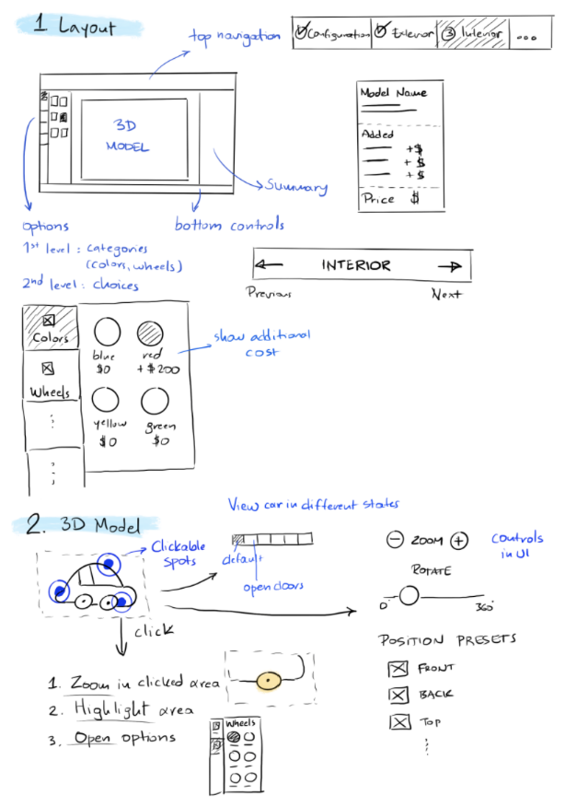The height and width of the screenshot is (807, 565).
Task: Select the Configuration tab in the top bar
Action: (x=332, y=35)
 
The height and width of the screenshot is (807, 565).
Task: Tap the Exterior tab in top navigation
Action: (x=404, y=35)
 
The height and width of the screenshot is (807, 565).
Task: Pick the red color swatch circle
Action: (x=149, y=333)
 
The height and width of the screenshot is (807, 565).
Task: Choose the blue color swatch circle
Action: (x=107, y=333)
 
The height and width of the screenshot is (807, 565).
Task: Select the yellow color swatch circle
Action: (x=107, y=400)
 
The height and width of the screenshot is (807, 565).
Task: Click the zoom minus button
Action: (x=396, y=541)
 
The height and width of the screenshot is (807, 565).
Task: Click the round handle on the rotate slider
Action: (x=409, y=597)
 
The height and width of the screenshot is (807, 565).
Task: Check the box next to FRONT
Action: (x=398, y=668)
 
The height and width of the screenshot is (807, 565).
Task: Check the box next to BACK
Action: (x=398, y=695)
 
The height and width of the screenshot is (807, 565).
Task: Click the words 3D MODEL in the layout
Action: (x=126, y=135)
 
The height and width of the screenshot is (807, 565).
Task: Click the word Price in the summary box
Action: (x=378, y=199)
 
